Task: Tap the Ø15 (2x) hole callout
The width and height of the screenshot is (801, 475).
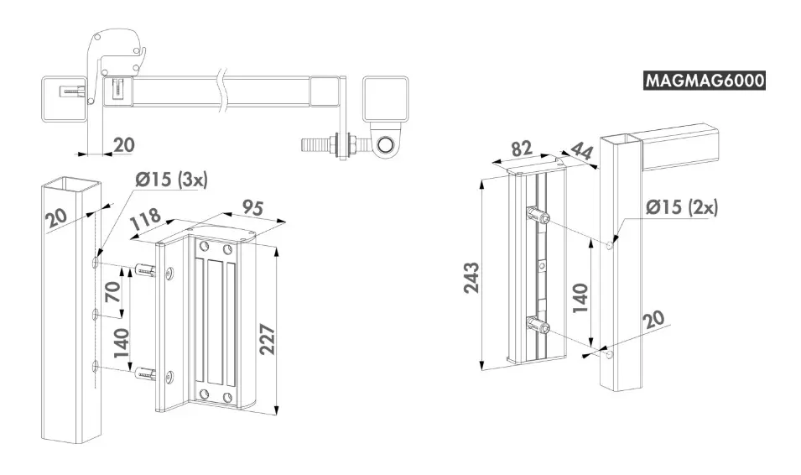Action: [x=682, y=208]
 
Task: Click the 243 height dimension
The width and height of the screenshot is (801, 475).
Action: [x=472, y=277]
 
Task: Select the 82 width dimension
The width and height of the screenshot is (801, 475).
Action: [x=523, y=149]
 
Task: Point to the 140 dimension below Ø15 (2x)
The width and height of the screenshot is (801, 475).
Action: [x=580, y=297]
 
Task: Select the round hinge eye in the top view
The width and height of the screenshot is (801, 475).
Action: [x=386, y=145]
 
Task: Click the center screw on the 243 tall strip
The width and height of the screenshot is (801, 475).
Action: [x=543, y=266]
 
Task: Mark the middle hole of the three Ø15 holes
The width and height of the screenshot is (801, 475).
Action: [x=96, y=314]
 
